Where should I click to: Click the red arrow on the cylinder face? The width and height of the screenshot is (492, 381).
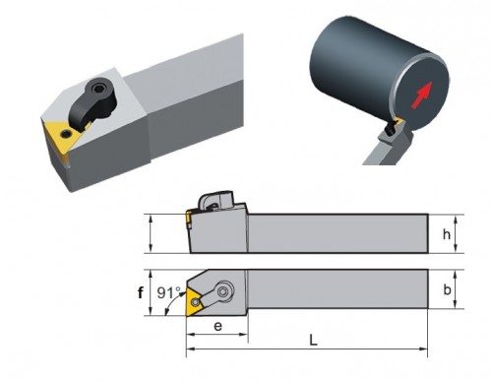tap(422, 95)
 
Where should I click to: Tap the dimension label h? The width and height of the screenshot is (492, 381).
tap(447, 234)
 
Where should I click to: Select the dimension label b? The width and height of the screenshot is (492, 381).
tap(447, 289)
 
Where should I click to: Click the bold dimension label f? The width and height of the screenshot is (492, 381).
tap(141, 292)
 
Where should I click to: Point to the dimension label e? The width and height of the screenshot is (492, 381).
tap(217, 326)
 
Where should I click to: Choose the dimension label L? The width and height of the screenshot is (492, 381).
tap(313, 340)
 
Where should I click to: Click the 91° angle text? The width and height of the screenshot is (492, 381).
tap(168, 292)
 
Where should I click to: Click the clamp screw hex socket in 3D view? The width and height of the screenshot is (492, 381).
tap(97, 89)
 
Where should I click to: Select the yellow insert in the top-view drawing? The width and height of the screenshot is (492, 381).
tap(194, 301)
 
